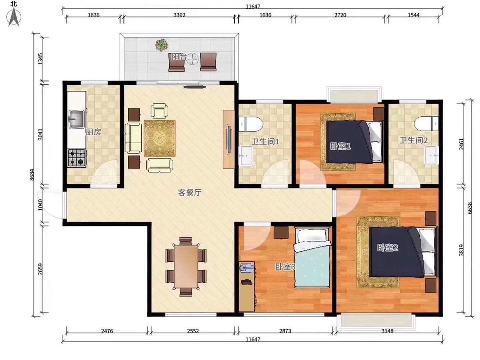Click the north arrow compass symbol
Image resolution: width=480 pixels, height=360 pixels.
pyautogui.click(x=14, y=17)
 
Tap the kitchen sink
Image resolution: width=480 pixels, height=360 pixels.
pyautogui.click(x=76, y=119)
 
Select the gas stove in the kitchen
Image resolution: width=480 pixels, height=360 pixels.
pyautogui.click(x=76, y=158)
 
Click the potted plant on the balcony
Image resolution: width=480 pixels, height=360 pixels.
pyautogui.click(x=162, y=45)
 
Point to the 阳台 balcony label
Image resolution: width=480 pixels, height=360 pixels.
pyautogui.click(x=178, y=57)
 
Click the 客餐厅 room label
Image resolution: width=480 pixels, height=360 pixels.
pyautogui.click(x=190, y=193)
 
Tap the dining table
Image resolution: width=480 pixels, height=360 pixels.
pyautogui.click(x=186, y=267)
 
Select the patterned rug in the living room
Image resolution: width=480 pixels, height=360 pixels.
pyautogui.click(x=160, y=138)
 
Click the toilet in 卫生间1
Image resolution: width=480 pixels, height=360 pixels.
pyautogui.click(x=250, y=124)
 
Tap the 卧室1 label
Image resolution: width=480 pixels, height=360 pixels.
pyautogui.click(x=340, y=146)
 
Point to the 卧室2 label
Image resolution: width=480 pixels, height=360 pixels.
pyautogui.click(x=388, y=247)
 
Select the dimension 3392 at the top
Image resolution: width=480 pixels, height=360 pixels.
pyautogui.click(x=180, y=15)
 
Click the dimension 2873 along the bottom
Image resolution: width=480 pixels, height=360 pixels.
pyautogui.click(x=285, y=331)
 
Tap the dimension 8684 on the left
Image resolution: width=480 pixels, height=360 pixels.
pyautogui.click(x=32, y=175)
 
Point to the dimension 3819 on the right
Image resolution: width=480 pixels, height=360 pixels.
pyautogui.click(x=461, y=250)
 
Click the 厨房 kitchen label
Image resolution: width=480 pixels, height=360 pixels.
pyautogui.click(x=93, y=132)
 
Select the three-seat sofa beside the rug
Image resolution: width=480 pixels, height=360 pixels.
pyautogui.click(x=133, y=138)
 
